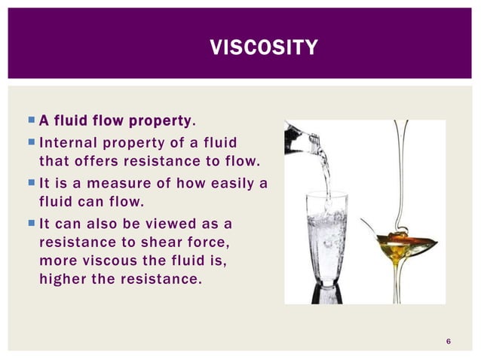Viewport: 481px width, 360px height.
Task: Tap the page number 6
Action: click(x=449, y=343)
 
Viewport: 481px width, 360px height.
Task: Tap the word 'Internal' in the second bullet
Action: click(x=66, y=143)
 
